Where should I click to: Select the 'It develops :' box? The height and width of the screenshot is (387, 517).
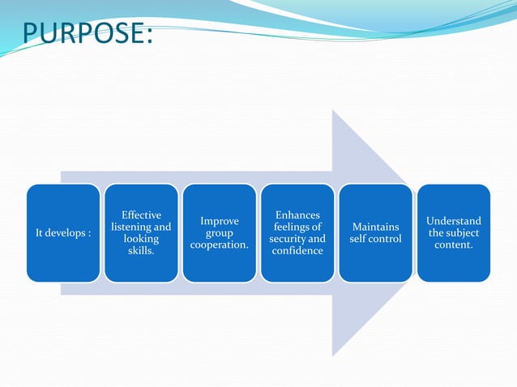tap(63, 233)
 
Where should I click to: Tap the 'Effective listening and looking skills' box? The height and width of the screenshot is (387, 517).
tap(141, 233)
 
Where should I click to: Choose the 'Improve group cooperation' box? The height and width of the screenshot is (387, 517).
tap(219, 233)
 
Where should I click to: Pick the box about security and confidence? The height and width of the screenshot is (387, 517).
tap(297, 233)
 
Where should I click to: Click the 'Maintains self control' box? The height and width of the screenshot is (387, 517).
tap(375, 233)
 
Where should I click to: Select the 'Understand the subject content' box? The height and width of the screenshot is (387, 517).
tap(454, 233)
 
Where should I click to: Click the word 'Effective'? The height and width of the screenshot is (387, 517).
tap(141, 215)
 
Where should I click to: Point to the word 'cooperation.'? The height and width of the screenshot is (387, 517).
tap(219, 245)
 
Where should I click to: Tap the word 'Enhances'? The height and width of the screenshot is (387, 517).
tap(297, 215)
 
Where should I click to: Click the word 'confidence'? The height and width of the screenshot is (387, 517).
tap(297, 251)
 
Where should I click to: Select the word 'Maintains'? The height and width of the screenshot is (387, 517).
tap(375, 228)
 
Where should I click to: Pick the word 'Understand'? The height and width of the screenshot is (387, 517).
tap(454, 221)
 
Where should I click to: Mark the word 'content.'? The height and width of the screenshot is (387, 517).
tap(454, 245)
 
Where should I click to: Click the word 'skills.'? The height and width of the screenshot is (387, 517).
tap(141, 251)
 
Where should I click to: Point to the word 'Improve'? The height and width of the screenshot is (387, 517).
tap(219, 221)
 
